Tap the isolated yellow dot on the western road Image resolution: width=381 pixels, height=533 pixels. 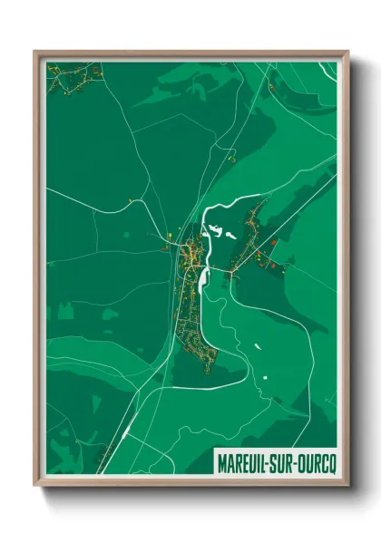[132, 200]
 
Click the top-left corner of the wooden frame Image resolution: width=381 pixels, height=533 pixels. [34, 52]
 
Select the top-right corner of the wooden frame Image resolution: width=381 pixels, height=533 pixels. [347, 52]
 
